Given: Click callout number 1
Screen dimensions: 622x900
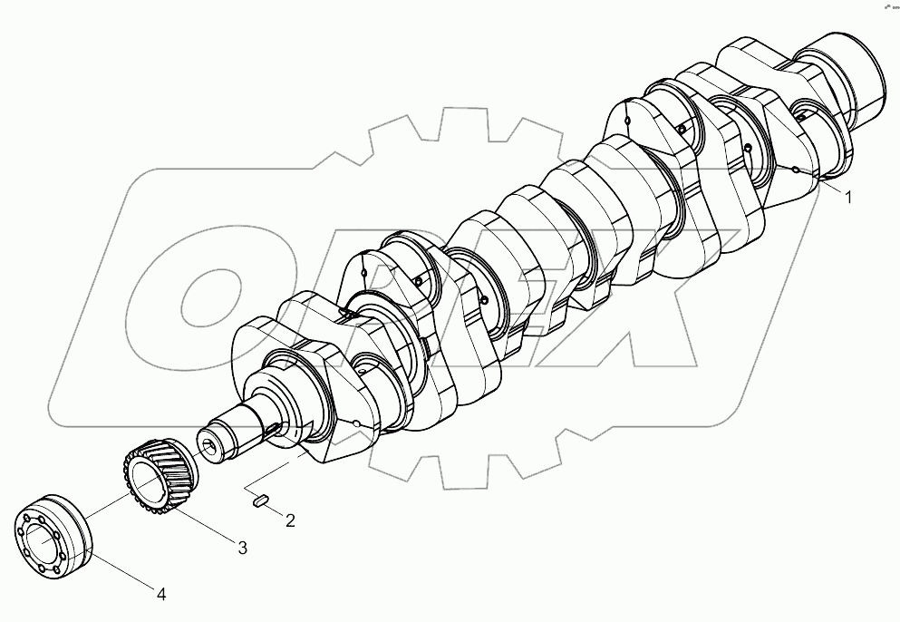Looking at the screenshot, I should pos(848,197).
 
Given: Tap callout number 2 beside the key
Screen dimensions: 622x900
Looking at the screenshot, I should pos(289,520).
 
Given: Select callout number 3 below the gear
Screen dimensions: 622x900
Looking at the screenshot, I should pos(243,548).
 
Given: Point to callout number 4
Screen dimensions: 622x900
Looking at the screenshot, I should pos(160,595).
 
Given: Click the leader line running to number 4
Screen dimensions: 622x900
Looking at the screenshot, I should pos(122,569).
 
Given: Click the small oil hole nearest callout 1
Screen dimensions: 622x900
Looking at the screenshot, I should pos(795,170).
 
